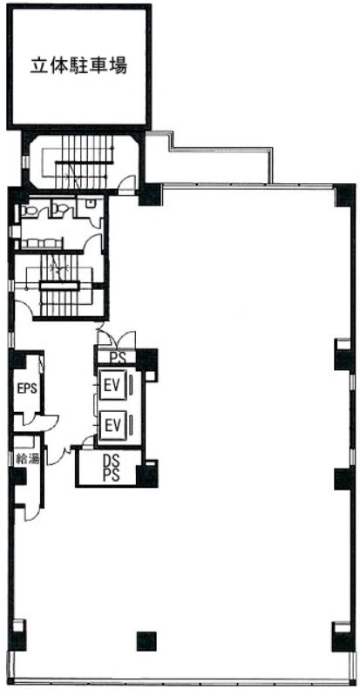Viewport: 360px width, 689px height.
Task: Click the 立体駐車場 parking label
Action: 79,66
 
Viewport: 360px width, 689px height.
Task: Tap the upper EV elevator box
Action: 113,385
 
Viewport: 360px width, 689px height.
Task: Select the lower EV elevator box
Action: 113,424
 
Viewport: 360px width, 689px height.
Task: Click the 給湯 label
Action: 27,459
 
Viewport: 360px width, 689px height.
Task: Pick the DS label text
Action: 112,462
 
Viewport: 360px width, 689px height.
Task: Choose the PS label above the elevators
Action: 117,357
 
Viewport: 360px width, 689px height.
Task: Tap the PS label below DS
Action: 112,476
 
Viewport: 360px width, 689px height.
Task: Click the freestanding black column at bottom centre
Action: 146,641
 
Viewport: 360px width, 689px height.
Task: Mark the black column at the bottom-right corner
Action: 343,638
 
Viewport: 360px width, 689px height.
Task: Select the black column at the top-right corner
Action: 344,195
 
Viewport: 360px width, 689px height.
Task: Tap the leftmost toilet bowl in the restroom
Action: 30,211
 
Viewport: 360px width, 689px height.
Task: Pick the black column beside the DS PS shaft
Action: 147,474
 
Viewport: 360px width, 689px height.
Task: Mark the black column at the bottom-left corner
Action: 17,636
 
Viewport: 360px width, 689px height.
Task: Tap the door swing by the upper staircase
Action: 127,184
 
